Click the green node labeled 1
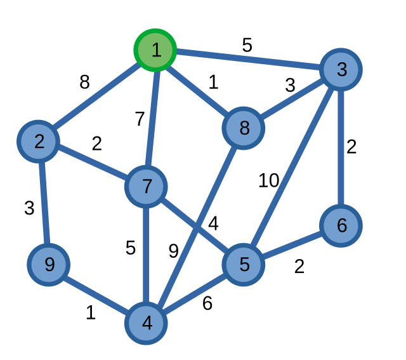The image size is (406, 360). tap(155, 50)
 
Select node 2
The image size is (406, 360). tap(39, 141)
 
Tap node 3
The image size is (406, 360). tap(341, 69)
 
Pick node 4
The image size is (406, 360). tap(147, 323)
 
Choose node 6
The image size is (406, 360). tap(341, 225)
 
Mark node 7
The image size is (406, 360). tap(147, 187)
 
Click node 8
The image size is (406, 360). tap(244, 128)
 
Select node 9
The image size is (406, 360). tap(48, 264)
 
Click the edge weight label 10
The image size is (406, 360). tap(268, 181)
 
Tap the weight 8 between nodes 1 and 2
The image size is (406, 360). tap(84, 83)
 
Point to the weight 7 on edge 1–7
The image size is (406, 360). tap(140, 119)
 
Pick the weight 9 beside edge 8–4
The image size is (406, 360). tap(173, 251)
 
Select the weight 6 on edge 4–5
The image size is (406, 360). tap(207, 303)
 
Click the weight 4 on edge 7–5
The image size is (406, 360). tap(213, 223)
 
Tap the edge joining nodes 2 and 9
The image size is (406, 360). tap(44, 203)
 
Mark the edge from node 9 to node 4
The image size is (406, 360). tap(97, 293)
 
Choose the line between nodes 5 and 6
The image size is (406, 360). tap(292, 245)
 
